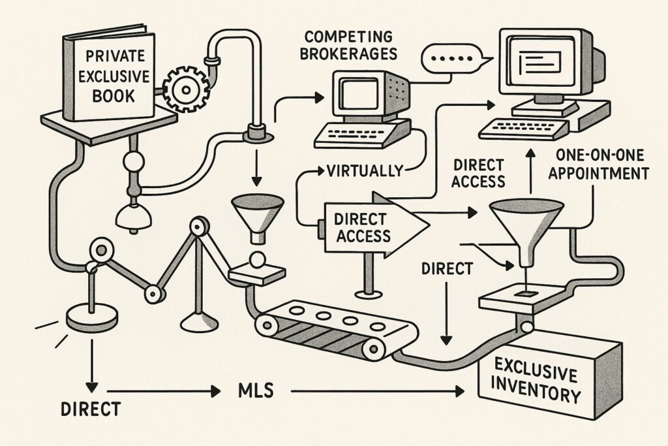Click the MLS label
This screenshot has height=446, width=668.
point(251,392)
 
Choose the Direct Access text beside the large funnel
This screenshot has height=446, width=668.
point(478,172)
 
